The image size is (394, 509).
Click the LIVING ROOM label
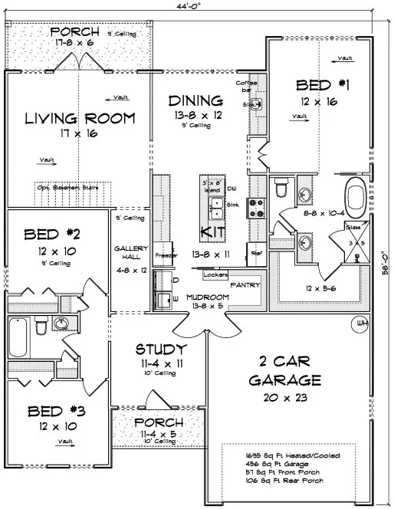(x=79, y=119)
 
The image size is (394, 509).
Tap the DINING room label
(x=195, y=100)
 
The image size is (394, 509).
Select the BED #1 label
(x=320, y=86)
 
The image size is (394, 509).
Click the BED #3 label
(x=57, y=412)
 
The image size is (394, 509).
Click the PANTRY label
(x=245, y=284)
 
